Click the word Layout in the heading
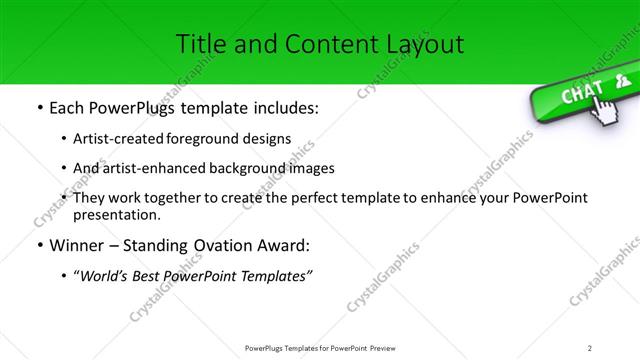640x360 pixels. click(423, 44)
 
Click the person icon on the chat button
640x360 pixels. click(622, 81)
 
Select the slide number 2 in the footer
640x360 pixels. click(590, 347)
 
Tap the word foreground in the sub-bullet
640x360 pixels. click(213, 138)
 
